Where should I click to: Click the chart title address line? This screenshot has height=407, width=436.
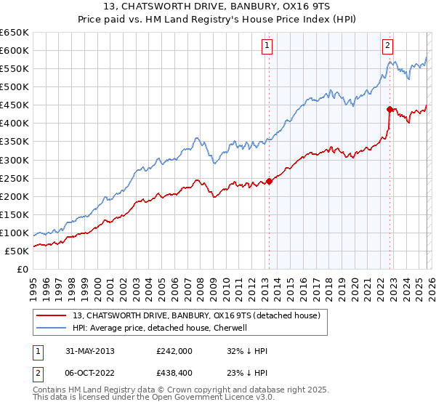pos(217,7)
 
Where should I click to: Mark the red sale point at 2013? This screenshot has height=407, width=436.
pos(269,181)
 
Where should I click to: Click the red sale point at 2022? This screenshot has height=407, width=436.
pos(390,109)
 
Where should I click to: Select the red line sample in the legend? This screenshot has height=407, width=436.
pos(52,315)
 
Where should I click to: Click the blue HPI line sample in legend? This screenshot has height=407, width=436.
pos(52,328)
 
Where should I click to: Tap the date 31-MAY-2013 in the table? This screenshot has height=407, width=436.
pos(86,350)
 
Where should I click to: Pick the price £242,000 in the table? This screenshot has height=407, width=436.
pos(174,350)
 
